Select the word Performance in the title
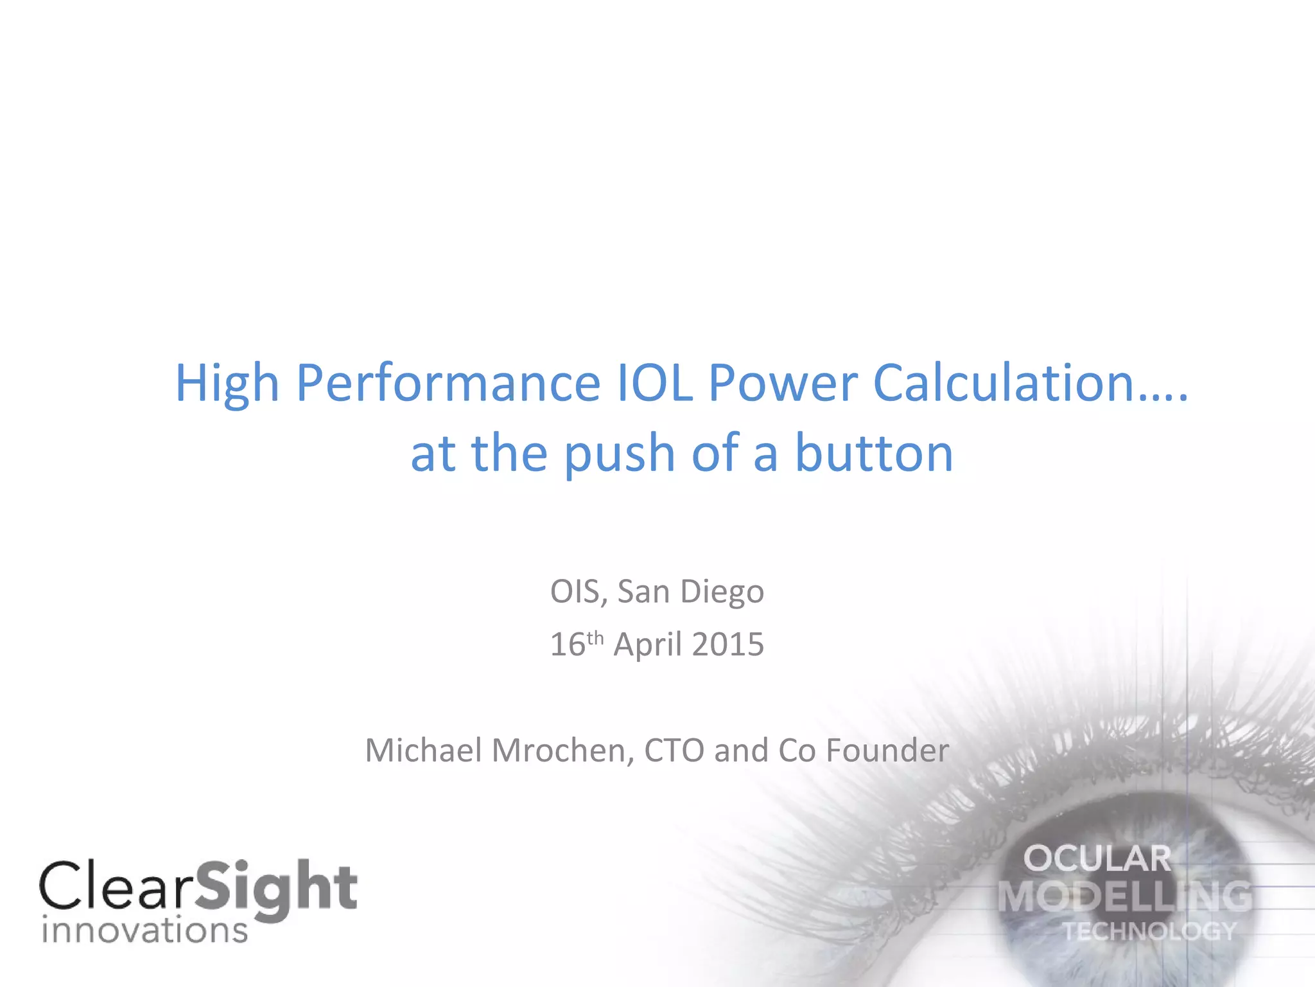pyautogui.click(x=448, y=384)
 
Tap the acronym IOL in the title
pyautogui.click(x=654, y=383)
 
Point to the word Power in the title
pyautogui.click(x=783, y=383)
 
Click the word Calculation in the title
pyautogui.click(x=1004, y=383)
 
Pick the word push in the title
pyautogui.click(x=619, y=455)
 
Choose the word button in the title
pyautogui.click(x=874, y=454)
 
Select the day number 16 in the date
pyautogui.click(x=568, y=645)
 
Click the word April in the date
pyautogui.click(x=647, y=645)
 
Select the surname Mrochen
pyautogui.click(x=563, y=751)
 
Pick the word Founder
pyautogui.click(x=887, y=751)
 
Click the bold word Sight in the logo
pyautogui.click(x=276, y=888)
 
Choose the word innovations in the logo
pyautogui.click(x=144, y=930)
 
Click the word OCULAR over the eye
pyautogui.click(x=1097, y=859)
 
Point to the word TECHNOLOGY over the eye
pyautogui.click(x=1149, y=931)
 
